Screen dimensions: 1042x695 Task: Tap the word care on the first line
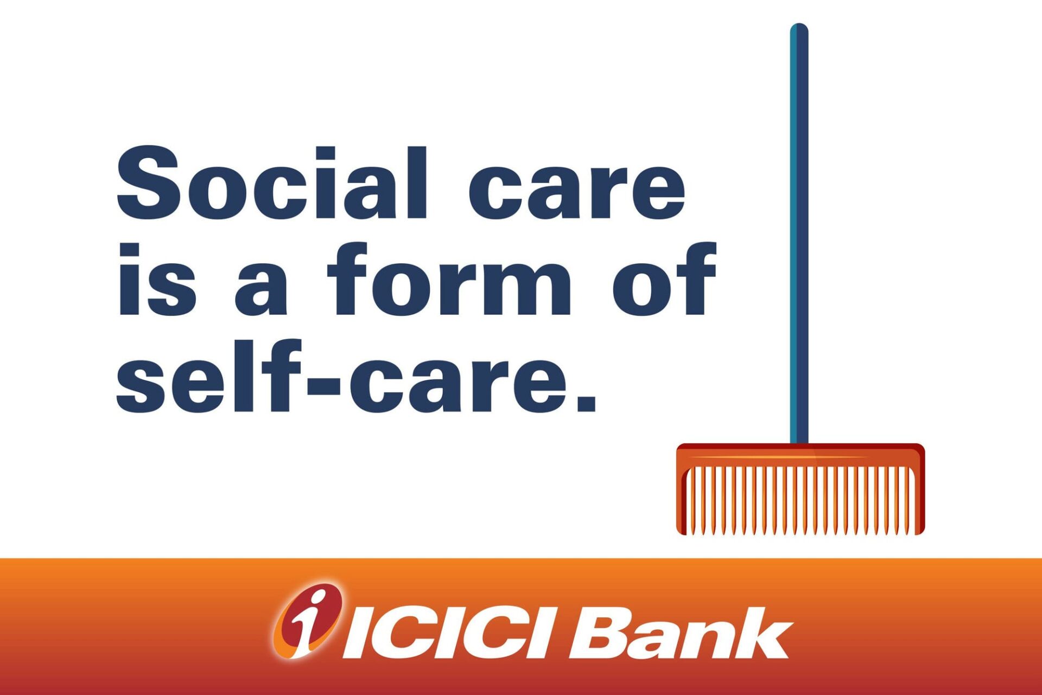pyautogui.click(x=577, y=190)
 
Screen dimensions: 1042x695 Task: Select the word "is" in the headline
pyautogui.click(x=156, y=279)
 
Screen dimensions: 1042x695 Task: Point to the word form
pyautogui.click(x=449, y=279)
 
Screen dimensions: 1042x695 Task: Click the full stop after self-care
pyautogui.click(x=587, y=402)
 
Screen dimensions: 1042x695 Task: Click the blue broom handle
pyautogui.click(x=799, y=233)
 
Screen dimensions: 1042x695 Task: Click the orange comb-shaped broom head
pyautogui.click(x=800, y=489)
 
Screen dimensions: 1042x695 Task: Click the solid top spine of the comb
pyautogui.click(x=800, y=454)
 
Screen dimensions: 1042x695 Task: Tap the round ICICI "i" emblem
pyautogui.click(x=308, y=621)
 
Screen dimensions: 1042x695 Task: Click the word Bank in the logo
pyautogui.click(x=681, y=633)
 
